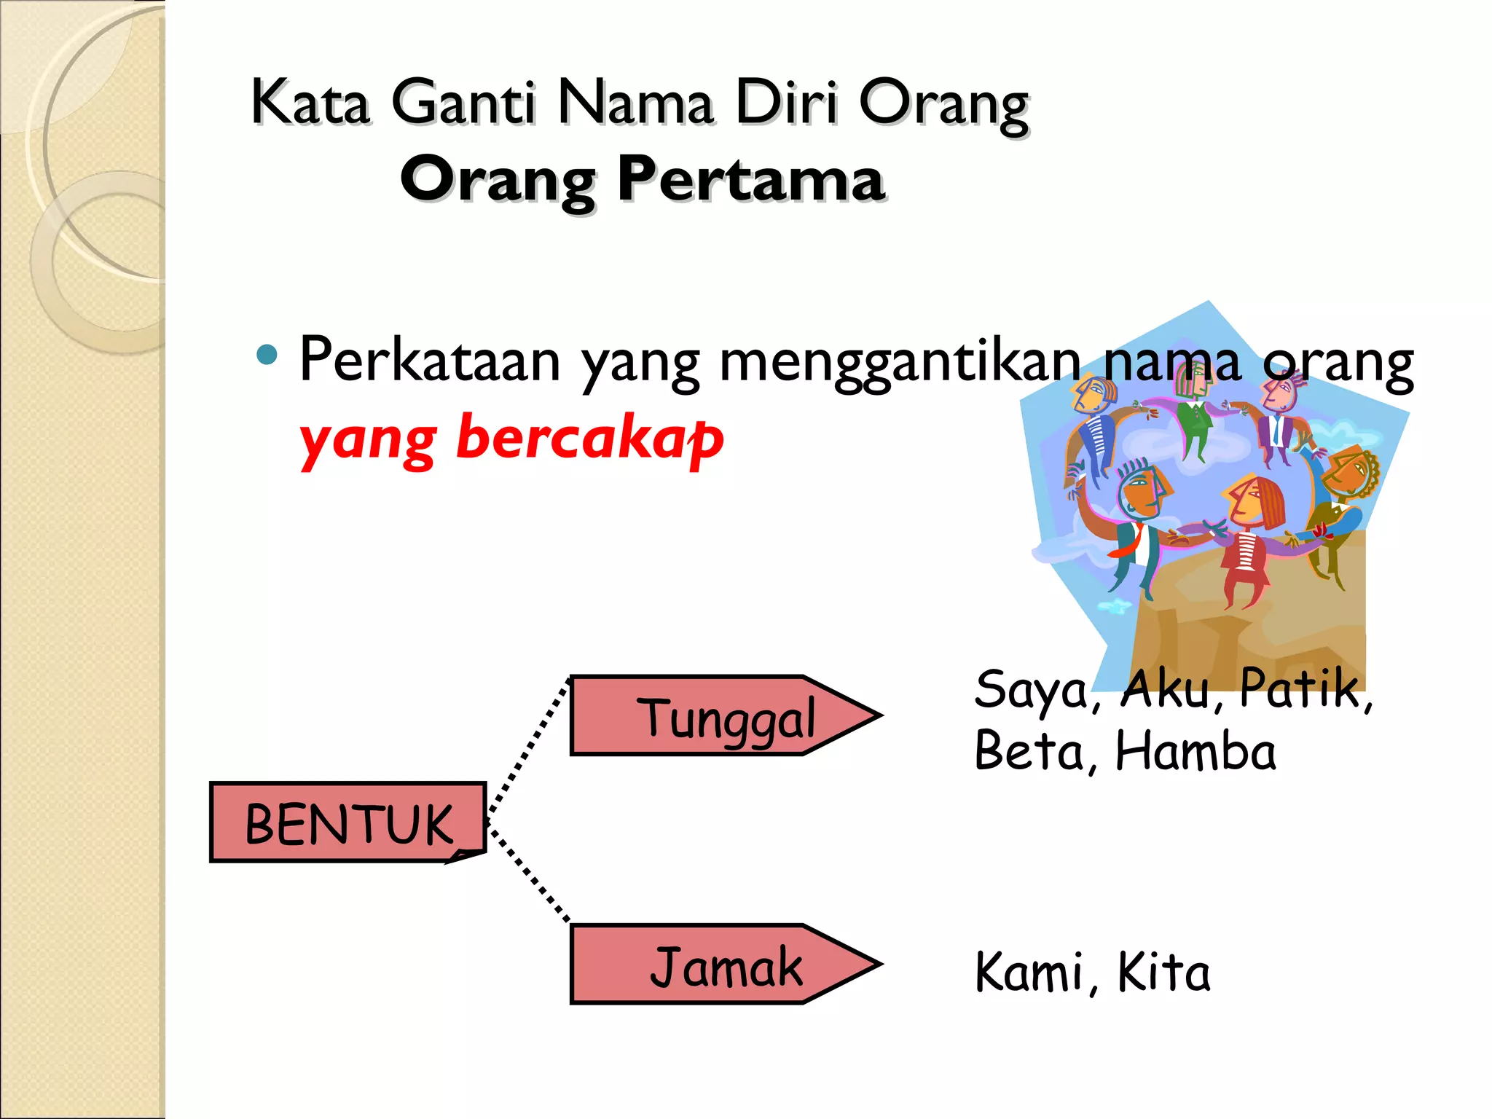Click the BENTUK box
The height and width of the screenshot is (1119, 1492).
pos(348,822)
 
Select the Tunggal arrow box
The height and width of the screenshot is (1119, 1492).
pos(725,716)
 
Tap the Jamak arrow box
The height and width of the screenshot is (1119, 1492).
pos(725,965)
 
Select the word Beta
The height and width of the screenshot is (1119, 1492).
pos(1030,751)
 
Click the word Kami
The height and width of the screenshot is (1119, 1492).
pos(1029,972)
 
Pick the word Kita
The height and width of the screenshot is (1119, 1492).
pos(1163,972)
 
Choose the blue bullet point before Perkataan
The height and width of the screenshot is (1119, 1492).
pos(267,355)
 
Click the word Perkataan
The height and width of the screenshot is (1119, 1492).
pos(430,360)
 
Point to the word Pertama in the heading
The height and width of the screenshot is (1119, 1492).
pos(750,179)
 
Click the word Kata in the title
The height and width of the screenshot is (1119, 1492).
pos(310,103)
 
